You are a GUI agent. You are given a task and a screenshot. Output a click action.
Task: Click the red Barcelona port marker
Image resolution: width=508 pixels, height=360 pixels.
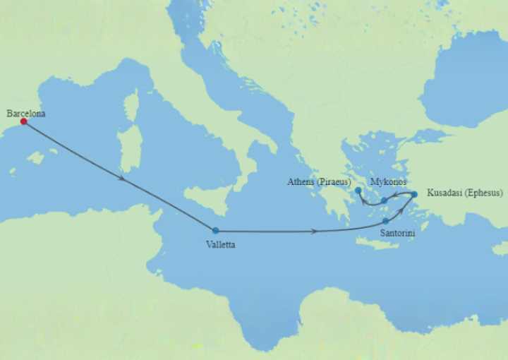[23, 121]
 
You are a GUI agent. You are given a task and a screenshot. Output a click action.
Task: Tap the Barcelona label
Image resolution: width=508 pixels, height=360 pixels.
[26, 112]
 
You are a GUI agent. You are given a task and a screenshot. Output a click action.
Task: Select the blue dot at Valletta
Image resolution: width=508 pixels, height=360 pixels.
[215, 230]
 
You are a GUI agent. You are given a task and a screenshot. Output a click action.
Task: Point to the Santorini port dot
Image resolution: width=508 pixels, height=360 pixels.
[385, 221]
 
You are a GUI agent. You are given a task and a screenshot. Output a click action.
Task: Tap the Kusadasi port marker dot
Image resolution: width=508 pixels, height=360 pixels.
[414, 194]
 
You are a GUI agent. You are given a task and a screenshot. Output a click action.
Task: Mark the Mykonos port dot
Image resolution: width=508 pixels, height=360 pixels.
[384, 200]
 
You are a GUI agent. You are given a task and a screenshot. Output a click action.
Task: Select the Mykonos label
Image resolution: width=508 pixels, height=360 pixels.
[388, 181]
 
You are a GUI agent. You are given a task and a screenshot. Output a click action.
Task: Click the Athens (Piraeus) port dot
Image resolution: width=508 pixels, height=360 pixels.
[358, 190]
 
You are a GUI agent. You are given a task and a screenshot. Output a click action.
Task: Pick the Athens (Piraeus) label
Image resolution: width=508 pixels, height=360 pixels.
[320, 181]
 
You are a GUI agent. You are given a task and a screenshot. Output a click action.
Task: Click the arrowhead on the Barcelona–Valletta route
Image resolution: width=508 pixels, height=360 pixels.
[124, 178]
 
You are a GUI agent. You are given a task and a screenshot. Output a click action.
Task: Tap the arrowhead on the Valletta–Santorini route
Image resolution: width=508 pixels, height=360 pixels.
[315, 231]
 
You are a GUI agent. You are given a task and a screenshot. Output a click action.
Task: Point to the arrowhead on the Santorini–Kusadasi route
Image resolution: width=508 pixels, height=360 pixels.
[402, 209]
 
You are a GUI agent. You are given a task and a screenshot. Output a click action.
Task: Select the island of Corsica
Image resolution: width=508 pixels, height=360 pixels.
[132, 106]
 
